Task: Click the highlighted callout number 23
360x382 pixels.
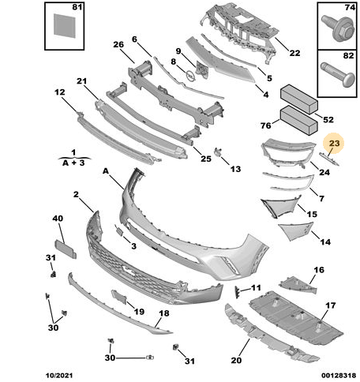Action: [334, 144]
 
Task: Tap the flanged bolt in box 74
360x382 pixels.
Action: [337, 28]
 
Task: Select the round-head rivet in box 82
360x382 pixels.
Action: [338, 75]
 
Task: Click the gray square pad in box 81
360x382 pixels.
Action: [65, 26]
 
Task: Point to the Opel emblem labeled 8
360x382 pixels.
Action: [190, 76]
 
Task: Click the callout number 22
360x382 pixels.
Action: [294, 53]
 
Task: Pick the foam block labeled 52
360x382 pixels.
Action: [299, 99]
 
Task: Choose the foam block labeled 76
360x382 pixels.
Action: [299, 121]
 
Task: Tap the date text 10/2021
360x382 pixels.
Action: [59, 376]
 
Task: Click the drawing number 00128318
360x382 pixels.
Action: [339, 376]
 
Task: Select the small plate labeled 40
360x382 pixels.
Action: [66, 249]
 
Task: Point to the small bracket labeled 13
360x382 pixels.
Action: [218, 152]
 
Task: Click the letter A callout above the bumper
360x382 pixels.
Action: [106, 171]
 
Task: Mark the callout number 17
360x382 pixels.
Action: [331, 305]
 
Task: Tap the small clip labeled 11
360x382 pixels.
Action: [237, 292]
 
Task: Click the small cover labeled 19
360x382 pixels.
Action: [119, 297]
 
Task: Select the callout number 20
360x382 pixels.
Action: [236, 360]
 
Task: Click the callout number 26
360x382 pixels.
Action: [118, 44]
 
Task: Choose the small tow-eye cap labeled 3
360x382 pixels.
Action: [119, 231]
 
